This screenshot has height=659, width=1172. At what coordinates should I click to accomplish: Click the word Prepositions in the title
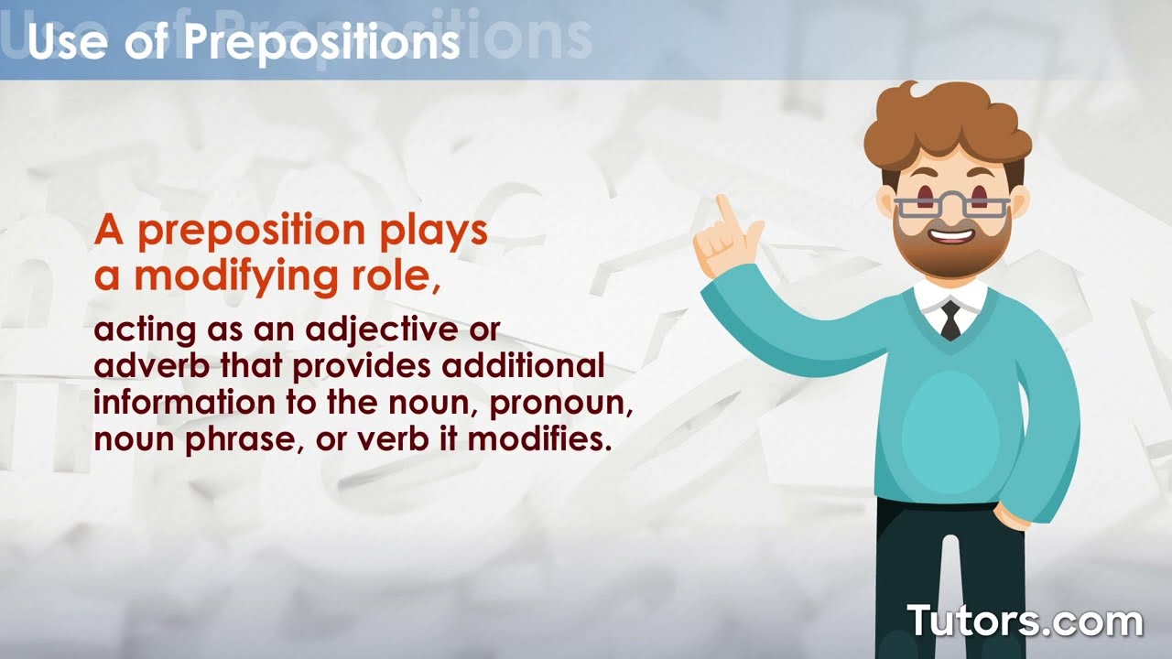point(320,42)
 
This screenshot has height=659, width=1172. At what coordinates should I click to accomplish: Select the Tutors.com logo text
point(1025,621)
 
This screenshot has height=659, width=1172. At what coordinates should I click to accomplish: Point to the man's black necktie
point(950,320)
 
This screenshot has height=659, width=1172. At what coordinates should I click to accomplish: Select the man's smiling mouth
point(952,236)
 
